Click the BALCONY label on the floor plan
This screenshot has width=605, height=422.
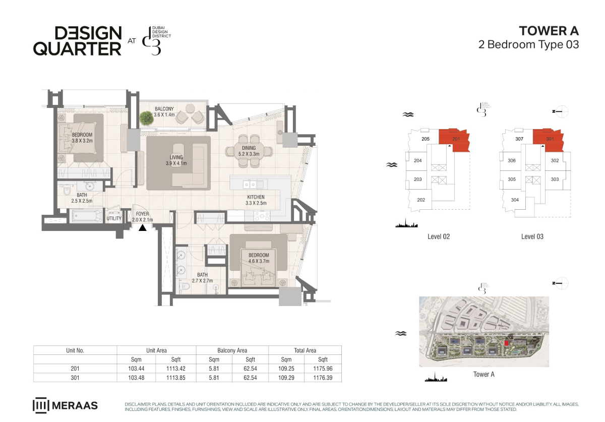[164, 109]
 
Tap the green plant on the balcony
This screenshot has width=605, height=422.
[146, 118]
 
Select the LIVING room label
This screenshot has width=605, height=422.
[176, 157]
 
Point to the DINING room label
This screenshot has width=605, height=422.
[249, 148]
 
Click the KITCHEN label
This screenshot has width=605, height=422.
[256, 197]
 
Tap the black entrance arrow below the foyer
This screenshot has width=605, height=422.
[143, 228]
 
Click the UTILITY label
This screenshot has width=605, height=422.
[114, 218]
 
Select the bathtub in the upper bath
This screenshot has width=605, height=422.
[86, 216]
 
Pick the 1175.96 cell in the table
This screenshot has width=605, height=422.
[323, 369]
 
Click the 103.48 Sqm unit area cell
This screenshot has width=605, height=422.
[136, 378]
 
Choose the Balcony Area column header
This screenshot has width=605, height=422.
[232, 350]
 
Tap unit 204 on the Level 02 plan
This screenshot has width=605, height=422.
[417, 161]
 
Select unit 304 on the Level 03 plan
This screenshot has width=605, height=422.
[515, 200]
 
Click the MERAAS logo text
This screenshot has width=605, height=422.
[75, 405]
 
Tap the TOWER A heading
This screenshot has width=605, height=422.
[549, 31]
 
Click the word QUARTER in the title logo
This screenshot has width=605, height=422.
[77, 48]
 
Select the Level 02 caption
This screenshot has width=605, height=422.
[439, 236]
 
